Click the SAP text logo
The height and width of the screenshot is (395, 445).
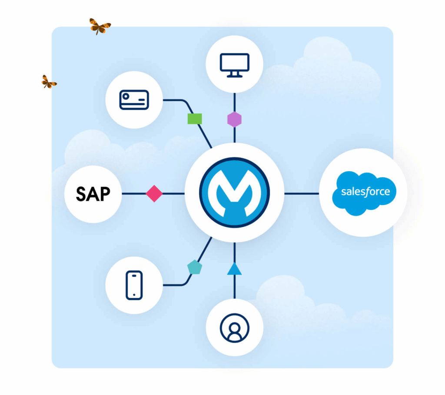pos(93,194)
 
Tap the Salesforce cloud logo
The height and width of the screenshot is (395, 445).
pos(364,193)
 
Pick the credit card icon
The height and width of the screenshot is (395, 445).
pos(134,100)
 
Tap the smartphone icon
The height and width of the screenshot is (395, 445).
pos(134,285)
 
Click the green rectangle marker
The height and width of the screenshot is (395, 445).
pos(195,119)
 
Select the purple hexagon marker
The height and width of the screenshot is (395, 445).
pos(235,119)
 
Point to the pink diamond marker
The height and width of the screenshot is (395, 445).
pos(154,193)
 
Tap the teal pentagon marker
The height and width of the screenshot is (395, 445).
pos(195,267)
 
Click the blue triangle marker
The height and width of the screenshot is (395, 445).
pos(234,269)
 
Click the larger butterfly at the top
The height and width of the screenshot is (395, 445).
pos(100,27)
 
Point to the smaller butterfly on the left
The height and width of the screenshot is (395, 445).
pos(49,82)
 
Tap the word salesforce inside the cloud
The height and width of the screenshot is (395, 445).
pos(365,192)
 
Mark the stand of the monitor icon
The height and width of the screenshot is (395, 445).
pos(235,75)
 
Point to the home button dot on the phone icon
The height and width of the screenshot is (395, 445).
pos(134,295)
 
